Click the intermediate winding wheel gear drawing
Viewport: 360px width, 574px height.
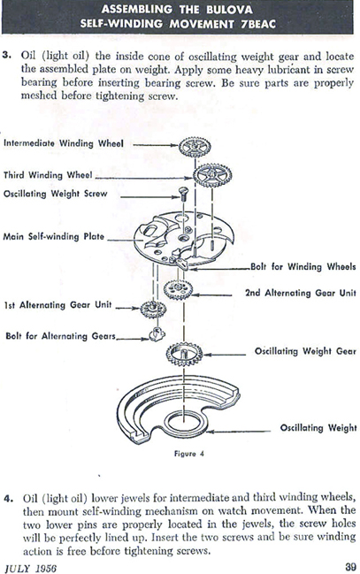click(x=195, y=147)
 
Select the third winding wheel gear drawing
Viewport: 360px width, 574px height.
click(x=212, y=175)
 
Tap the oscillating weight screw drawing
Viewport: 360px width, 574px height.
click(x=183, y=194)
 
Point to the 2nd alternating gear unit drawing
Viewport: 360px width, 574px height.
click(x=179, y=290)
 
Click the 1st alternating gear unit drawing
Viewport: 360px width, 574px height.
click(x=153, y=310)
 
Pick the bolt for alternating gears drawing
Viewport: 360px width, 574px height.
click(x=157, y=334)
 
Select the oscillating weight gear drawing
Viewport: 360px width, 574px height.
click(x=184, y=354)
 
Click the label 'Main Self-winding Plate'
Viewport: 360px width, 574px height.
click(x=53, y=236)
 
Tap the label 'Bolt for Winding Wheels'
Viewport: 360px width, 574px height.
click(x=303, y=266)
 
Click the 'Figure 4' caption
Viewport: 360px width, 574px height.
click(x=189, y=454)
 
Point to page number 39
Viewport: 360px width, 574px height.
click(x=350, y=567)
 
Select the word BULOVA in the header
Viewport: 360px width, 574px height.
click(x=229, y=10)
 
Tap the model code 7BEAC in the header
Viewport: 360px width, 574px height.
click(x=258, y=24)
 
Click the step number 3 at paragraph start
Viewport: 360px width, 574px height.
click(x=7, y=55)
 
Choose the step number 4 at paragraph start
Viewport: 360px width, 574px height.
click(x=9, y=498)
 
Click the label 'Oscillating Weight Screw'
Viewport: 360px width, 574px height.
click(x=56, y=194)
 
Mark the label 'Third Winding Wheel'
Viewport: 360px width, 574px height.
click(x=48, y=174)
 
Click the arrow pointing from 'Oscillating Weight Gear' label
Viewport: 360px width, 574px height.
click(x=225, y=355)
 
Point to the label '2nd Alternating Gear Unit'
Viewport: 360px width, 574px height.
click(x=301, y=293)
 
